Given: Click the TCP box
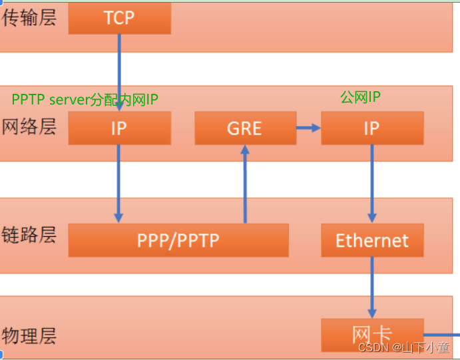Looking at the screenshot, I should tap(119, 18).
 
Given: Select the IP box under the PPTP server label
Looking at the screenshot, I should tap(119, 128).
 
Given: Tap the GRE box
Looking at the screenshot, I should tap(245, 128).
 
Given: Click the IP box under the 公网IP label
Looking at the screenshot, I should tap(371, 128).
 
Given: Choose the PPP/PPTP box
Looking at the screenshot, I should tap(178, 240).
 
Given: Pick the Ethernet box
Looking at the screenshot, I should tap(371, 240).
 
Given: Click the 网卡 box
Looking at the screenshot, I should tap(371, 334).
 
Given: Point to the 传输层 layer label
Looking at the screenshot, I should tap(29, 18).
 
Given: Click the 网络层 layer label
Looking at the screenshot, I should tap(29, 126).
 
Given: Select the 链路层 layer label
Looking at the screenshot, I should tap(29, 235).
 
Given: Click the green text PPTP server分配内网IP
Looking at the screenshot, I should tap(85, 99).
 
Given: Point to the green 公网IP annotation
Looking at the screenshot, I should tap(360, 97).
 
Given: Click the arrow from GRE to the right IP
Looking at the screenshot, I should tap(308, 128).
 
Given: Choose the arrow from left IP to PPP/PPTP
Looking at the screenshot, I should tap(119, 184).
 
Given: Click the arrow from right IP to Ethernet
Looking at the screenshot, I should tap(371, 184).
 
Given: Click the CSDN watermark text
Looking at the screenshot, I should tap(403, 347).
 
